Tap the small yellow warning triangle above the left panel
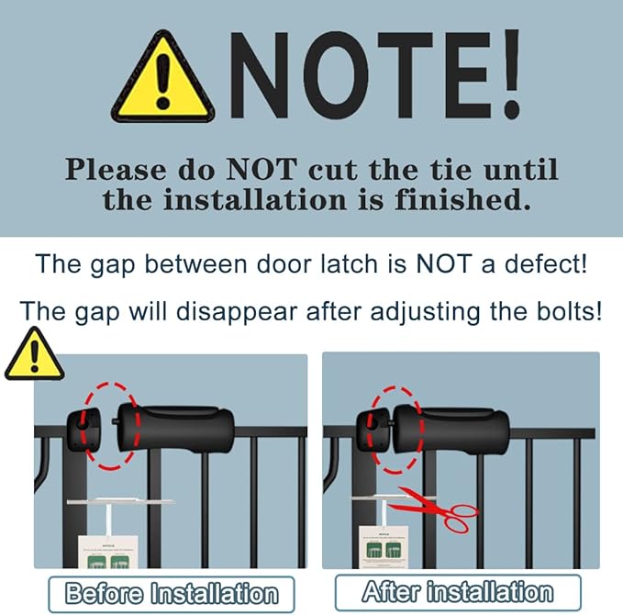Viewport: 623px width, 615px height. [33, 356]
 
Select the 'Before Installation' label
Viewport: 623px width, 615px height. [171, 594]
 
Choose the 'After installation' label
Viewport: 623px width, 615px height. [458, 592]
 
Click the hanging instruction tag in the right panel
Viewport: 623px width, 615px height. [385, 554]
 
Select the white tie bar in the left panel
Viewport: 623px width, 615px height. [121, 501]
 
